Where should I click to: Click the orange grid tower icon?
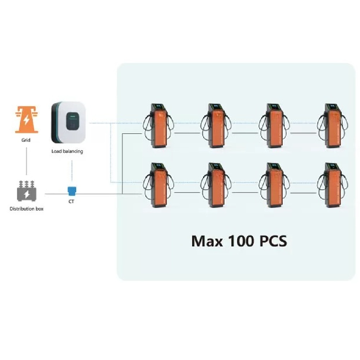click(27, 120)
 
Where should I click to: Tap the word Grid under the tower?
click(26, 140)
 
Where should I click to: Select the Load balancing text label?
click(67, 151)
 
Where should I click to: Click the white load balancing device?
click(68, 122)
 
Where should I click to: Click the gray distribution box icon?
click(27, 191)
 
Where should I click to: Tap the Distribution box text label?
click(27, 209)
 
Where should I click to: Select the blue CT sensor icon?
click(72, 191)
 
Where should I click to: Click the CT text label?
click(71, 202)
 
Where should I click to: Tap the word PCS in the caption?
click(273, 241)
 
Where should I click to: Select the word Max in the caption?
click(207, 241)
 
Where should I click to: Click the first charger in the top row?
click(158, 126)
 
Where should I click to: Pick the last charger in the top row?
click(333, 126)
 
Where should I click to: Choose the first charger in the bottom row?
click(158, 185)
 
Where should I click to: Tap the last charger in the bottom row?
click(333, 185)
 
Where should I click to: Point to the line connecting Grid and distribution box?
click(27, 161)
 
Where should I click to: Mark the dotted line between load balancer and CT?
click(72, 171)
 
